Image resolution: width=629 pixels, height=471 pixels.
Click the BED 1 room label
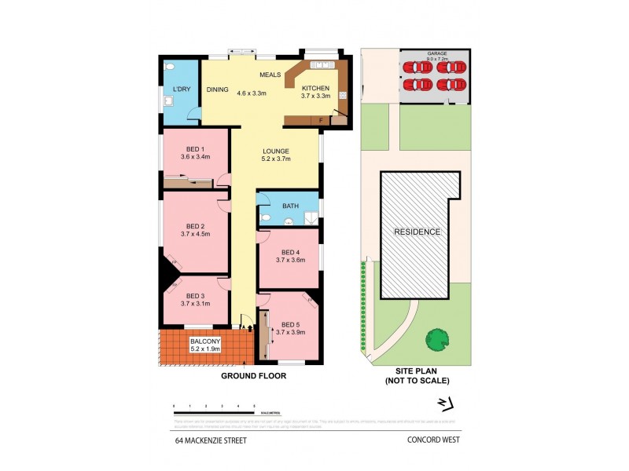pyautogui.click(x=195, y=149)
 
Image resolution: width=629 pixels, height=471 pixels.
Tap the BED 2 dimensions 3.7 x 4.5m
pyautogui.click(x=195, y=233)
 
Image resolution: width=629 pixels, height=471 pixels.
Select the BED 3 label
pyautogui.click(x=195, y=296)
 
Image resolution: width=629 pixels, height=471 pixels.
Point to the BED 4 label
pyautogui.click(x=290, y=251)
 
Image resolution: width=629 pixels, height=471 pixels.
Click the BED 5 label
pyautogui.click(x=290, y=324)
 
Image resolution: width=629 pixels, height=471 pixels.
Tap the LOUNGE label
pyautogui.click(x=276, y=151)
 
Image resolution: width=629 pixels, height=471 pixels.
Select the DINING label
pyautogui.click(x=218, y=89)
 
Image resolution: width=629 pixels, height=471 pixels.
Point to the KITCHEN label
pyautogui.click(x=315, y=89)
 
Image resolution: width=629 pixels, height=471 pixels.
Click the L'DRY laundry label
pyautogui.click(x=182, y=89)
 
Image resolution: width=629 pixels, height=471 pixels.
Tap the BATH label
pyautogui.click(x=291, y=206)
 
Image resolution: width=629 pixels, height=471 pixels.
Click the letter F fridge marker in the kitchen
pyautogui.click(x=321, y=120)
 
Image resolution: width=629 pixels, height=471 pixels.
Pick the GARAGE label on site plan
pyautogui.click(x=437, y=53)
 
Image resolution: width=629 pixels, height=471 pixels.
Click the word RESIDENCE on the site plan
pyautogui.click(x=418, y=232)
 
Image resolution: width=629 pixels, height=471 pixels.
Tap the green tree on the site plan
pyautogui.click(x=437, y=339)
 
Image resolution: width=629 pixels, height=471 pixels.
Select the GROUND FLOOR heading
pyautogui.click(x=252, y=376)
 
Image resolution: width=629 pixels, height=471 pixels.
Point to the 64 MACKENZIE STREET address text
pyautogui.click(x=211, y=440)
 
